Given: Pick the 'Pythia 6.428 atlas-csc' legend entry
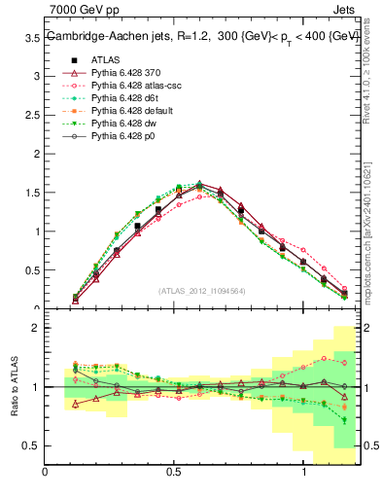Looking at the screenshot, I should pos(120,85).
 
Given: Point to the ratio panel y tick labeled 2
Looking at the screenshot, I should pos(36,329).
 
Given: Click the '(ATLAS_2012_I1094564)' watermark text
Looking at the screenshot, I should pos(201,291).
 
